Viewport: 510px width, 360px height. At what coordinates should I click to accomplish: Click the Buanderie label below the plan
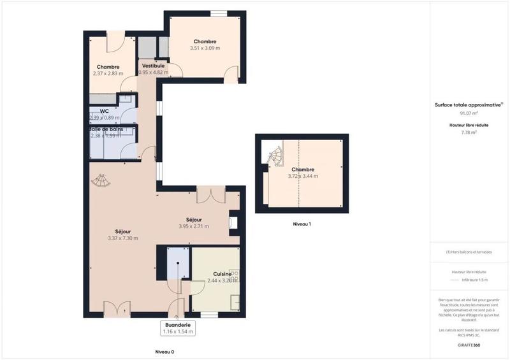coord(178,324)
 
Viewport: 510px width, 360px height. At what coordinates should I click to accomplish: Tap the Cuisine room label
coord(222,274)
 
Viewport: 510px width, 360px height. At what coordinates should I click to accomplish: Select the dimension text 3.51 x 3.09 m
coord(205,48)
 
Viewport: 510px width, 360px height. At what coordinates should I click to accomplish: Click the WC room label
coord(105,111)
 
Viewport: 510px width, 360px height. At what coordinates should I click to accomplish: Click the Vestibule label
coord(153,66)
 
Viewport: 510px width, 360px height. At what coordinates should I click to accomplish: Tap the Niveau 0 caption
coord(164,352)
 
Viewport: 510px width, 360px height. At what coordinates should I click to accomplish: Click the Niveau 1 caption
coord(302,224)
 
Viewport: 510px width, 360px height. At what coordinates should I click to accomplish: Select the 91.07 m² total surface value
coord(469,113)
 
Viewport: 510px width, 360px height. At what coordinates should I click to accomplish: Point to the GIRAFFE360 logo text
coord(469,344)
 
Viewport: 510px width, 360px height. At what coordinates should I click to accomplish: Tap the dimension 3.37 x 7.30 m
coord(124,238)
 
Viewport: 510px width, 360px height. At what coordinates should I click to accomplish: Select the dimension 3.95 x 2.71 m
coord(193,226)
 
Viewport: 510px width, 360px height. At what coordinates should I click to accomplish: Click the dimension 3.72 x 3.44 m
coord(302,176)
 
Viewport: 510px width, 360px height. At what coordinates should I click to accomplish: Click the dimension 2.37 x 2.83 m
coord(108,73)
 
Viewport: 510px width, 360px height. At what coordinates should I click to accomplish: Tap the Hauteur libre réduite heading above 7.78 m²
coord(469,126)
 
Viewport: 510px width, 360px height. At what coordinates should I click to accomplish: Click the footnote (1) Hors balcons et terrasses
coord(469,252)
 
